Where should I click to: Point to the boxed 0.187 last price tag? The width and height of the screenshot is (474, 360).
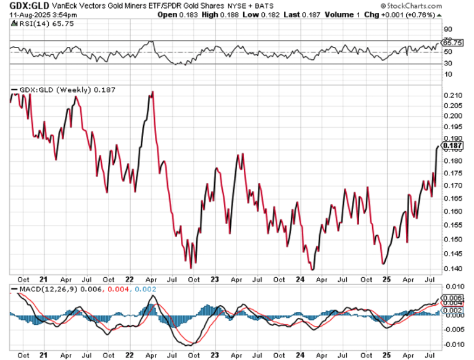454,146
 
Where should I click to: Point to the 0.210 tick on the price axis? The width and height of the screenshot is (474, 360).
452,96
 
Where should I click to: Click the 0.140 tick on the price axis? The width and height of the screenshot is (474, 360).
452,269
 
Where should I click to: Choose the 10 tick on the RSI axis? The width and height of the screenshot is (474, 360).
449,74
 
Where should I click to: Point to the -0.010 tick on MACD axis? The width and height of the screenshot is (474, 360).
452,344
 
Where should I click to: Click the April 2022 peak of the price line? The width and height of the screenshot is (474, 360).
152,92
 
